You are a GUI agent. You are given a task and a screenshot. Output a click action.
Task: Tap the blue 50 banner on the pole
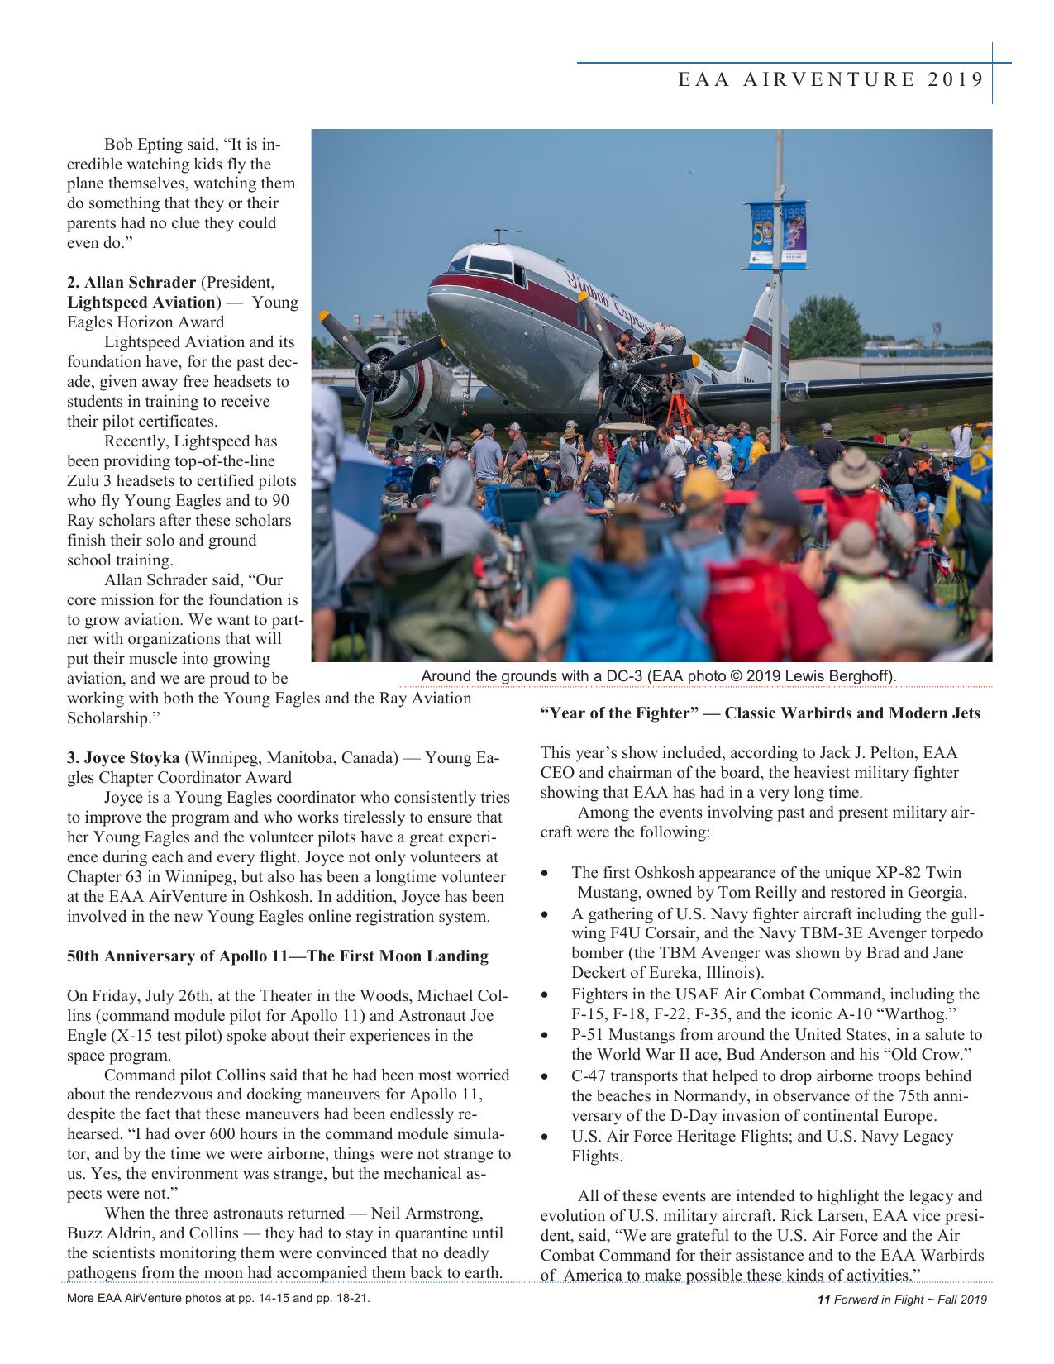(x=761, y=235)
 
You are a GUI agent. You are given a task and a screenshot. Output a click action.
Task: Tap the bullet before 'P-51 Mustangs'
(x=544, y=1035)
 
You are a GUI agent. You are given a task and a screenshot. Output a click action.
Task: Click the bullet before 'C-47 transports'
(x=544, y=1076)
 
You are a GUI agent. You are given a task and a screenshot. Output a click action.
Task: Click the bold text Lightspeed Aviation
(x=141, y=302)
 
